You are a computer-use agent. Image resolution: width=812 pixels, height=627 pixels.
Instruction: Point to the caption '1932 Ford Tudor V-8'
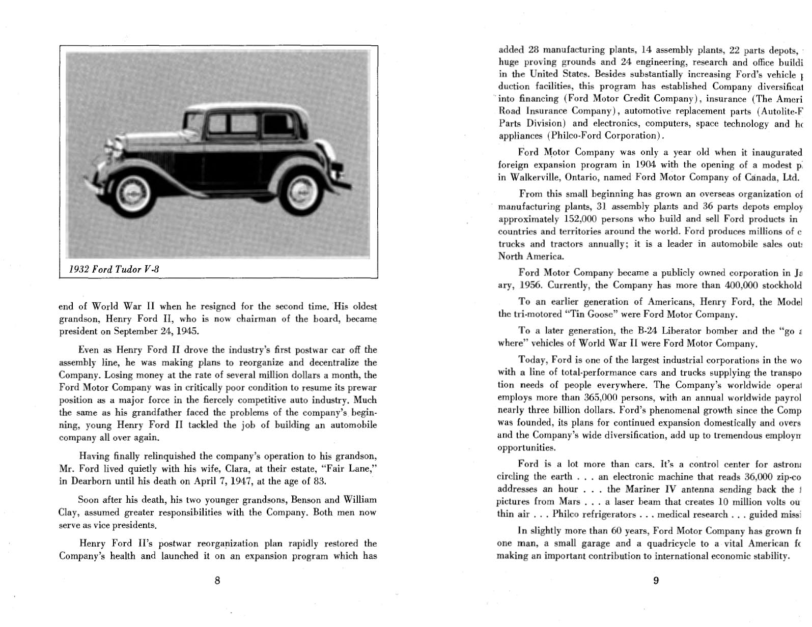pos(114,269)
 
